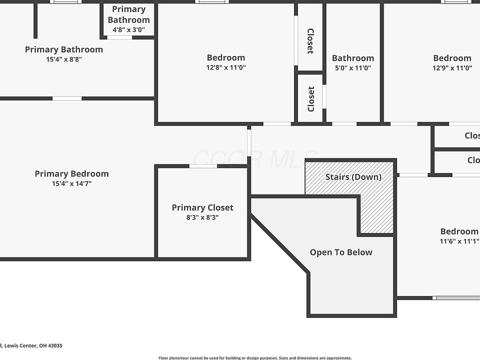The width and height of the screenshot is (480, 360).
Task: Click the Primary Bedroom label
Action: pyautogui.click(x=71, y=174)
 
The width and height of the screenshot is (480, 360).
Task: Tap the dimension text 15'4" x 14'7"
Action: pyautogui.click(x=71, y=183)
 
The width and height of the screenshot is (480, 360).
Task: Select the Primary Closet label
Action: pyautogui.click(x=202, y=207)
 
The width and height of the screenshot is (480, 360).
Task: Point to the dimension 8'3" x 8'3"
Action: pyautogui.click(x=202, y=217)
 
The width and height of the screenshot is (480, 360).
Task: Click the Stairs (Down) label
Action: pyautogui.click(x=353, y=177)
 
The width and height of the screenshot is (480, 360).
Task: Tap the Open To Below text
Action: pyautogui.click(x=341, y=252)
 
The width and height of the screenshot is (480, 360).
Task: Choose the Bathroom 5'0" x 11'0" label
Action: pyautogui.click(x=352, y=58)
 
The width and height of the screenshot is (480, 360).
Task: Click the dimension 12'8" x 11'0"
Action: pyautogui.click(x=226, y=67)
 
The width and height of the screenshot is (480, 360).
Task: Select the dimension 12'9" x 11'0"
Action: pyautogui.click(x=452, y=67)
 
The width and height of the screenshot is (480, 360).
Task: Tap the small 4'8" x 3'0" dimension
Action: pyautogui.click(x=128, y=29)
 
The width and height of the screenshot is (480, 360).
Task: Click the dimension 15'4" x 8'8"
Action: pyautogui.click(x=64, y=59)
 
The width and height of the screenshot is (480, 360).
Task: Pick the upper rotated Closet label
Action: pyautogui.click(x=310, y=41)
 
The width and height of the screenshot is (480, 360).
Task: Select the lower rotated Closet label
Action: pyautogui.click(x=311, y=99)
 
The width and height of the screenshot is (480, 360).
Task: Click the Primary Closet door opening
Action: pyautogui.click(x=203, y=166)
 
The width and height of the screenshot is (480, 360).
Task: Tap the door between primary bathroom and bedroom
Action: pyautogui.click(x=67, y=98)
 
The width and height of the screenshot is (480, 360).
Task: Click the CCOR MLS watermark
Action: pyautogui.click(x=255, y=159)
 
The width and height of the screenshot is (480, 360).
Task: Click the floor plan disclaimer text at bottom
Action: pyautogui.click(x=255, y=357)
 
